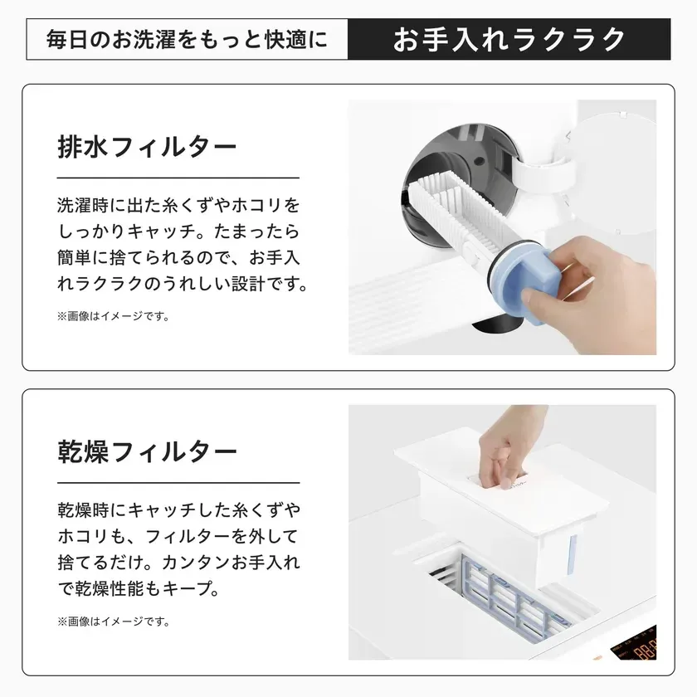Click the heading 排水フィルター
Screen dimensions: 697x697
pyautogui.click(x=148, y=148)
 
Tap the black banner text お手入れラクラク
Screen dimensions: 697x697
pyautogui.click(x=509, y=39)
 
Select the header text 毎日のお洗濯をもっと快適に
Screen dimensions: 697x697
pyautogui.click(x=188, y=40)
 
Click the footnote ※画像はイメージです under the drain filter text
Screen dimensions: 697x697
pyautogui.click(x=112, y=316)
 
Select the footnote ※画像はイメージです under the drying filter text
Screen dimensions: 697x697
pyautogui.click(x=112, y=621)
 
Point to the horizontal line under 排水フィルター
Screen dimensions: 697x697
pyautogui.click(x=178, y=178)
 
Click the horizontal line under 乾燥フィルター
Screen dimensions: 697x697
pyautogui.click(x=178, y=481)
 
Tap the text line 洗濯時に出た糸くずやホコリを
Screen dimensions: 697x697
pyautogui.click(x=178, y=204)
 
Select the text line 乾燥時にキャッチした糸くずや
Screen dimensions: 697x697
pyautogui.click(x=178, y=508)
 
